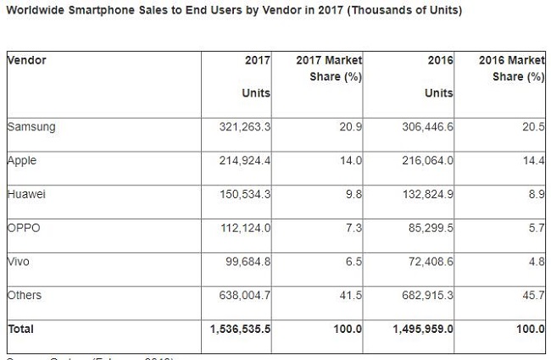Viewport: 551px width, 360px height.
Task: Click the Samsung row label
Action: [31, 127]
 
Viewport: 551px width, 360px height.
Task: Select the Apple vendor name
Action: [23, 160]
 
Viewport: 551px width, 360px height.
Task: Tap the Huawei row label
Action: [26, 194]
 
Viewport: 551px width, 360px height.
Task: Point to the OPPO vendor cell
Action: [25, 228]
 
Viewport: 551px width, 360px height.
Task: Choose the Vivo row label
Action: [19, 261]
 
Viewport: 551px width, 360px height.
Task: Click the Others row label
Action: [25, 295]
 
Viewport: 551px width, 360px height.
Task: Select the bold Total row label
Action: [22, 328]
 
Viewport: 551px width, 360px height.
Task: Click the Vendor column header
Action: [26, 60]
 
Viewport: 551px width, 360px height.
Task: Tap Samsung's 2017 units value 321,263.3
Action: [240, 127]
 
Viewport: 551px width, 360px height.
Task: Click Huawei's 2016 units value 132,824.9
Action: [423, 194]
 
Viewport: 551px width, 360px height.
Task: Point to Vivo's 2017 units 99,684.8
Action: [245, 261]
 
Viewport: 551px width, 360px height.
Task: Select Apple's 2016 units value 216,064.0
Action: [423, 160]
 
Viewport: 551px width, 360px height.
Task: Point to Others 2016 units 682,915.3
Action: [423, 295]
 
